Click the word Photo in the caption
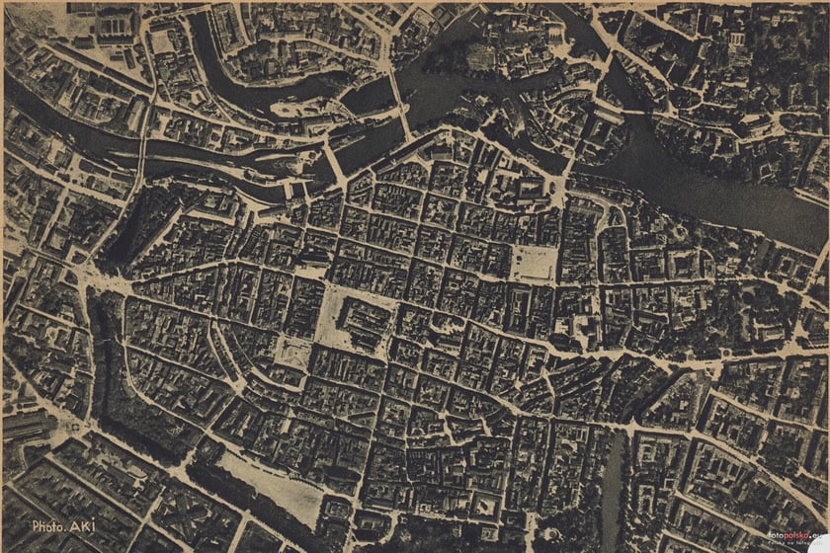(48, 526)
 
